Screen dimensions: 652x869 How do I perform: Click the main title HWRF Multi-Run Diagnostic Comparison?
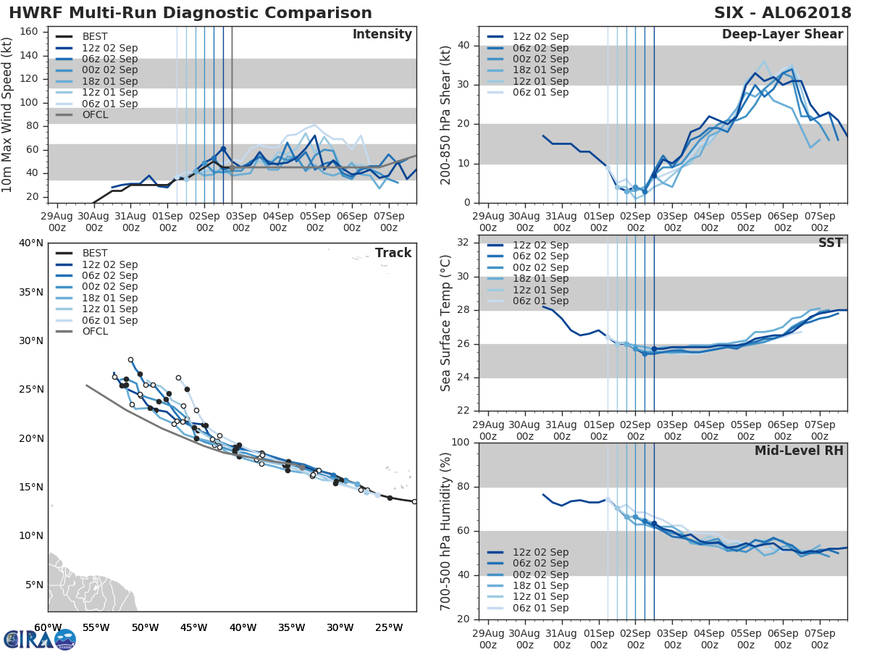190,13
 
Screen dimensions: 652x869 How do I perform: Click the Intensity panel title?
382,35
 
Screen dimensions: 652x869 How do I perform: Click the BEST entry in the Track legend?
94,254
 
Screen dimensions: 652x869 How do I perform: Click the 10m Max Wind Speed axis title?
9,113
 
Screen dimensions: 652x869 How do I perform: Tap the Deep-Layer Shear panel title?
782,35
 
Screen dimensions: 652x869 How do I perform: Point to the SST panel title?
830,243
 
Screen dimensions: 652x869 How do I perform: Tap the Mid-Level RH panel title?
799,451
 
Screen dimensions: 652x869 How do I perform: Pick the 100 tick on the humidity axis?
461,443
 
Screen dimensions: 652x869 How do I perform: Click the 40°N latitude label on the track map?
30,243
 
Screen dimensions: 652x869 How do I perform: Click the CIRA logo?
39,639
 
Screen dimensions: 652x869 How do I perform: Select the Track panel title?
393,253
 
